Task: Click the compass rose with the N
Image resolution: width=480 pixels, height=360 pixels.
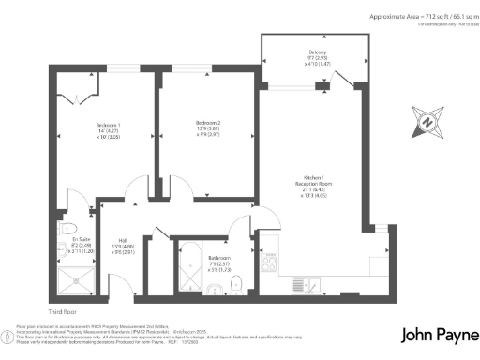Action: click(x=427, y=121)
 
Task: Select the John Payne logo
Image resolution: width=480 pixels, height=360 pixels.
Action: click(x=438, y=335)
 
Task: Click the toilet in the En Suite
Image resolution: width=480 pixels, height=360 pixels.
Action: click(x=66, y=228)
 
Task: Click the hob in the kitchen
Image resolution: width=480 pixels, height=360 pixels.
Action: click(x=270, y=261)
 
